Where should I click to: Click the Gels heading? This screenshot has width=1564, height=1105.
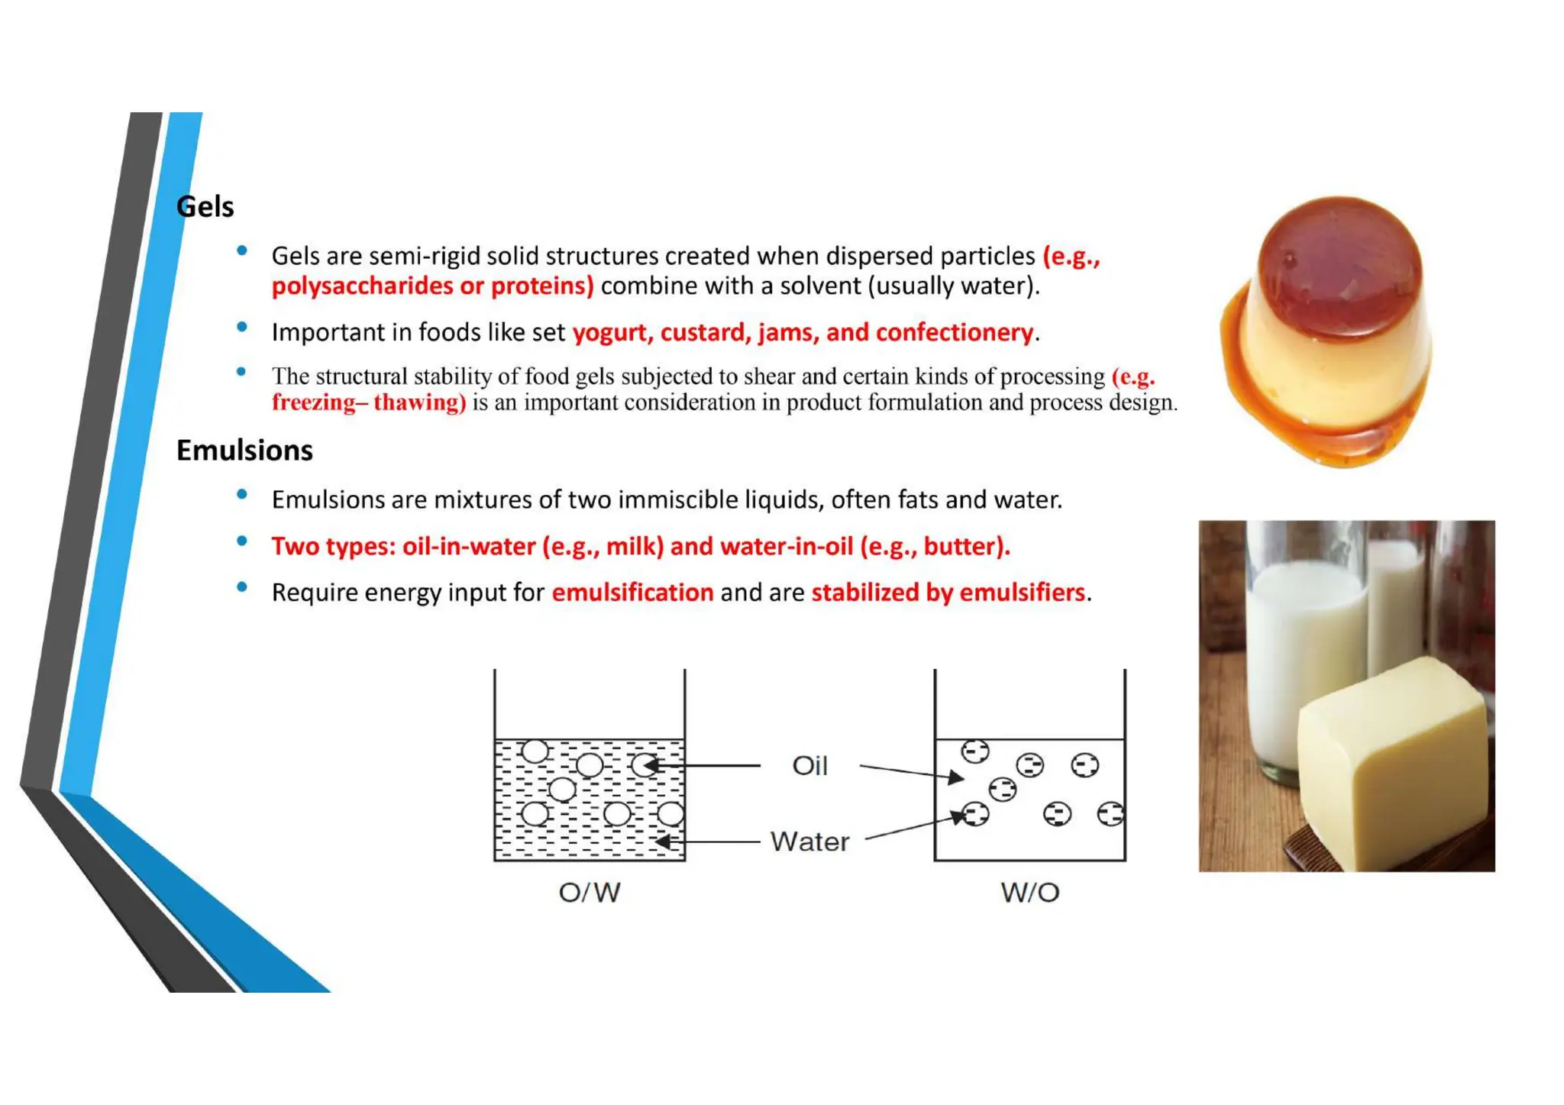[205, 207]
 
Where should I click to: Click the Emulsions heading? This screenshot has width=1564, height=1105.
[244, 451]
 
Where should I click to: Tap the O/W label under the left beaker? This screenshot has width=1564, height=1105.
[589, 892]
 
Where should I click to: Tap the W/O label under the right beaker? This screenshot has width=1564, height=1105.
[1029, 892]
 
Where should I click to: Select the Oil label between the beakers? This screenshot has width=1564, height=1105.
[809, 765]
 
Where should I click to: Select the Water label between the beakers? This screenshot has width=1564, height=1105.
[809, 842]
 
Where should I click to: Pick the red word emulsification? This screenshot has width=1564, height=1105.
[632, 593]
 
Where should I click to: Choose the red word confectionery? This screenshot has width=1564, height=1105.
[954, 333]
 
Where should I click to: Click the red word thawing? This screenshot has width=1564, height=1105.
[418, 402]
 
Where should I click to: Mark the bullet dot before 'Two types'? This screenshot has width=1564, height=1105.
[242, 541]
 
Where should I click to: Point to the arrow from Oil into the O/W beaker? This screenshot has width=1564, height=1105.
[703, 765]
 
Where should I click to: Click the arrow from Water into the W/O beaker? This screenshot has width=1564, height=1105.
[913, 828]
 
